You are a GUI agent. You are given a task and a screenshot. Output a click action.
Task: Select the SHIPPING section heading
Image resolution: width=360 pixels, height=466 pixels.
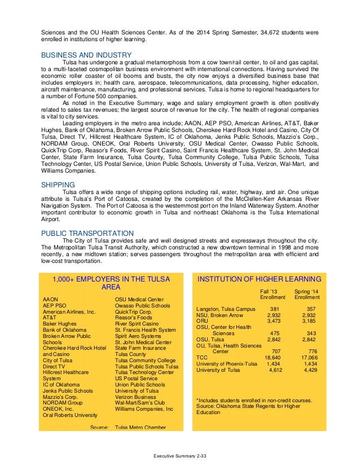tap(58, 184)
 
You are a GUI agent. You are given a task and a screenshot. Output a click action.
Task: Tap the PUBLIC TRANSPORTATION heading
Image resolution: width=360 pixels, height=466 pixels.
tap(87, 232)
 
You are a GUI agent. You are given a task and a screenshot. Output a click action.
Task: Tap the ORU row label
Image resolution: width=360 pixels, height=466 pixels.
tap(203, 321)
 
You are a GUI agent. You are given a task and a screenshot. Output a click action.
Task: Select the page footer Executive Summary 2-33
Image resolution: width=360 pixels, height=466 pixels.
tap(181, 454)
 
